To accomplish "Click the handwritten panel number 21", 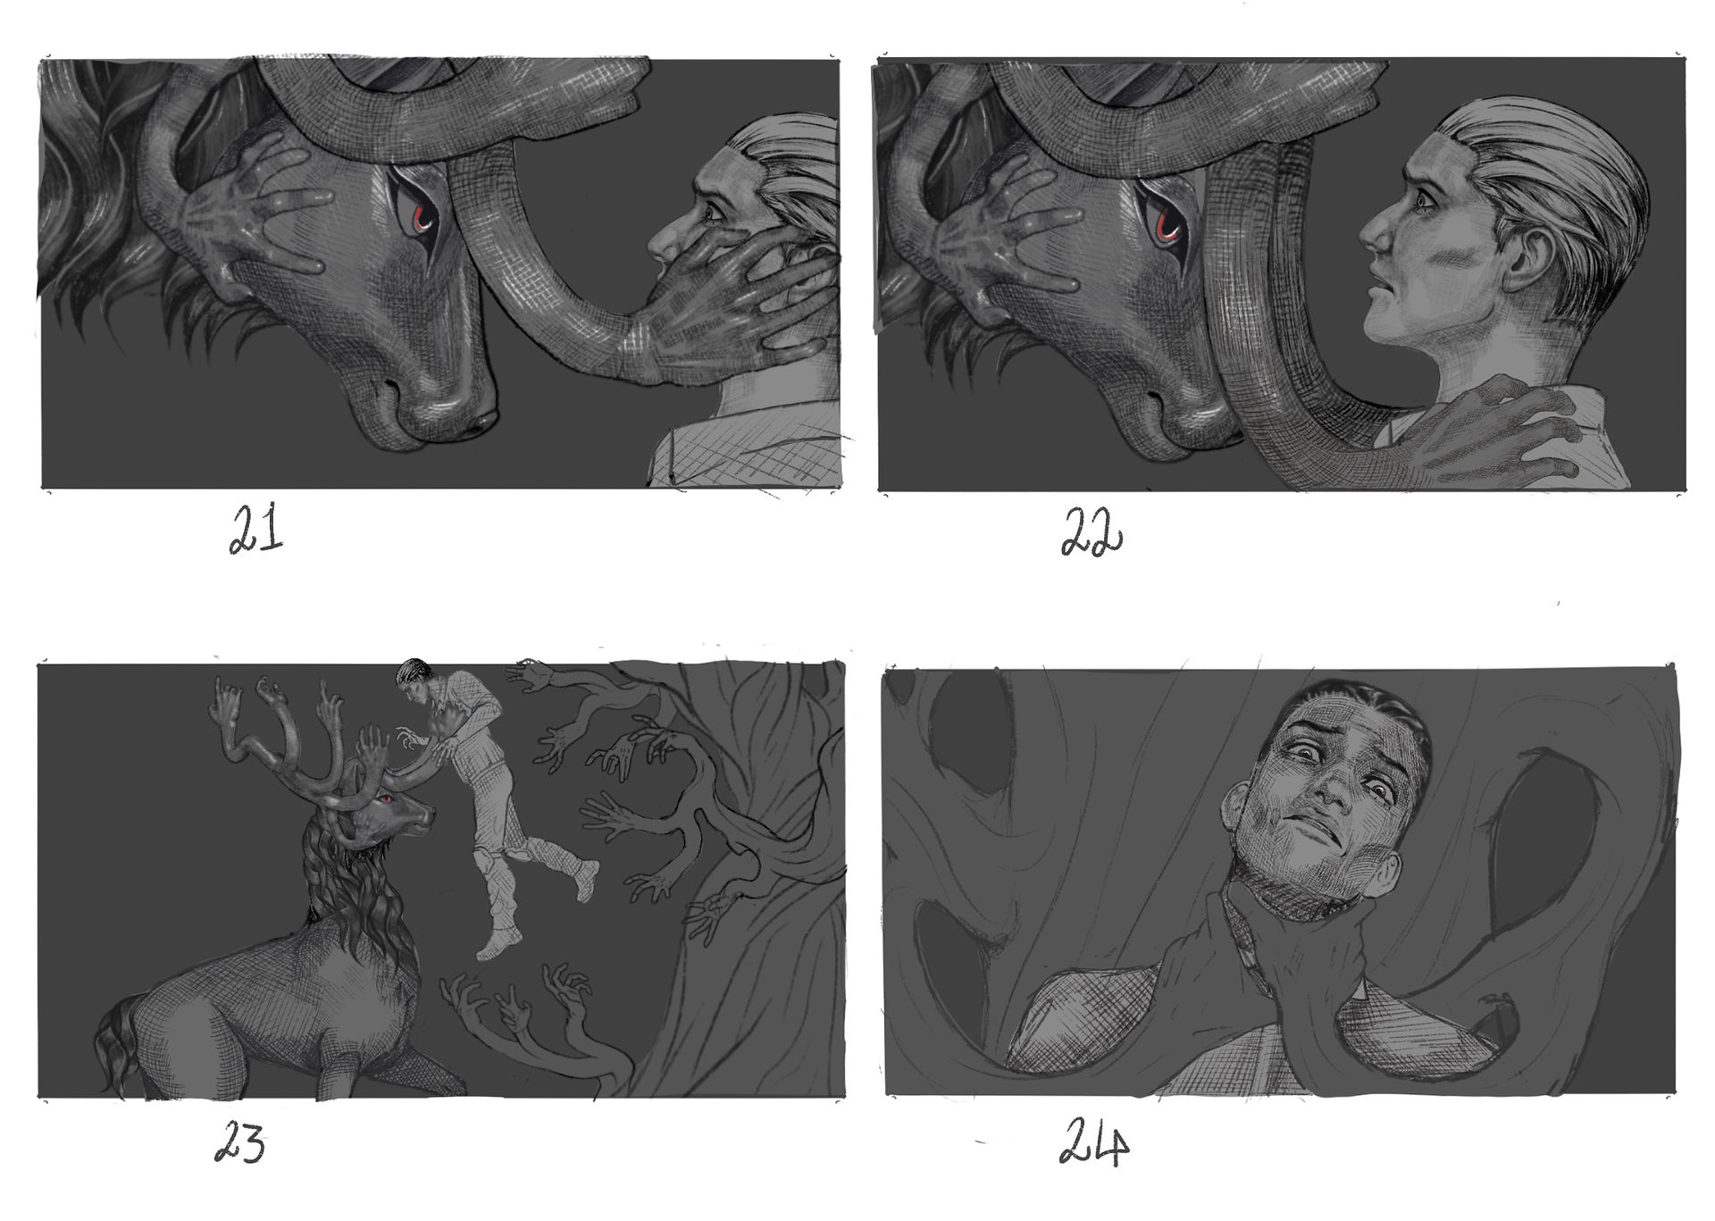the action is coord(256,531).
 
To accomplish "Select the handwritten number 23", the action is coord(240,1144).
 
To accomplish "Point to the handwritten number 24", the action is coord(1093,1143).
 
